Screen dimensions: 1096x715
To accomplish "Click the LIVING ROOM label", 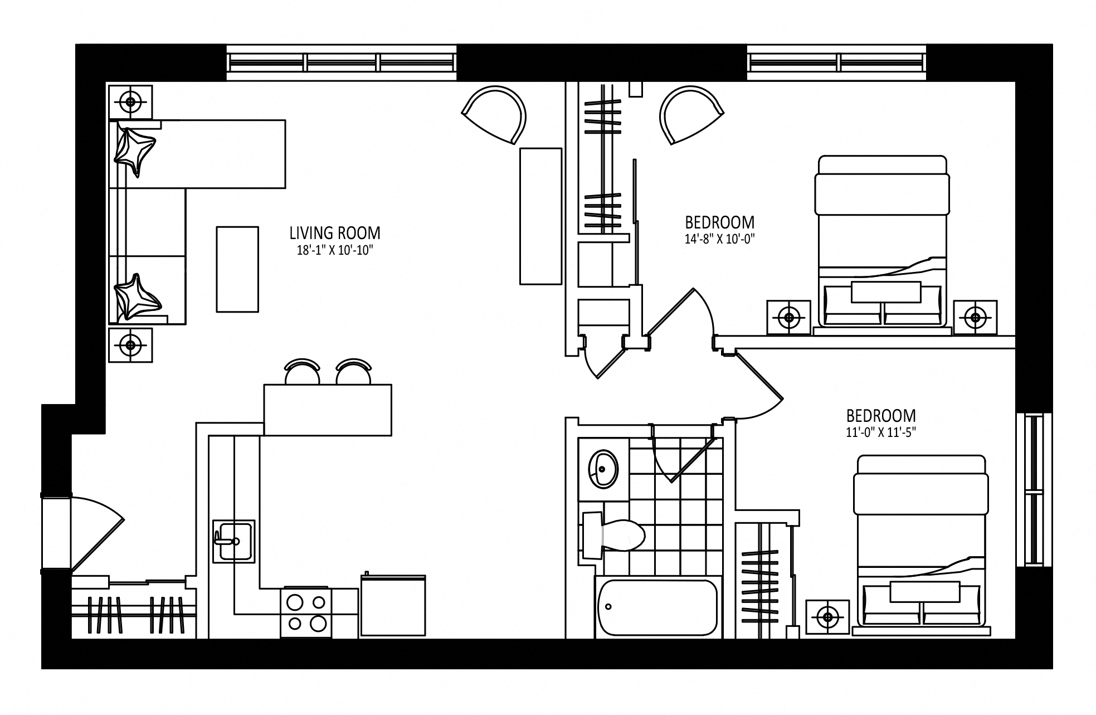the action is click(334, 232).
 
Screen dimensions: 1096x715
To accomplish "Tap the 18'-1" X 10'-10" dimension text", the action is click(334, 251).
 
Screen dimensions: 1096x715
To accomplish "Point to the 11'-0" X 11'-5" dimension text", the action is click(881, 432).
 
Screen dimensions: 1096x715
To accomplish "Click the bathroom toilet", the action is click(613, 535).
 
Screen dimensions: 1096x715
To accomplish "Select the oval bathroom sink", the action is click(603, 469).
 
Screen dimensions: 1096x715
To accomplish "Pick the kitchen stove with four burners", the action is click(305, 612).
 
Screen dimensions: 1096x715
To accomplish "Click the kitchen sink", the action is click(234, 541).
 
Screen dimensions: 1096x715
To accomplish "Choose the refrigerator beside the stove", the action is click(393, 605).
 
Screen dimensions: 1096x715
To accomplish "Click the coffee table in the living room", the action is click(237, 269).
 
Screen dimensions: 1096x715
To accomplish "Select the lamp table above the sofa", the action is click(130, 102).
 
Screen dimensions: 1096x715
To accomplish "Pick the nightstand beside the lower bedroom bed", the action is click(828, 617).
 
